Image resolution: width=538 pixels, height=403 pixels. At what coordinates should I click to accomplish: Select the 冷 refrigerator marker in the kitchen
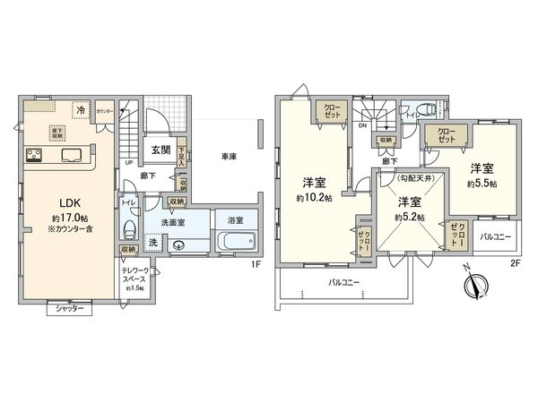82,110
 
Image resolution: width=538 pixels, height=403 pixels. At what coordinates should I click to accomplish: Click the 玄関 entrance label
161,151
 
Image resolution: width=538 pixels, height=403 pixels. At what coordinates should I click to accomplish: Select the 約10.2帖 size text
313,197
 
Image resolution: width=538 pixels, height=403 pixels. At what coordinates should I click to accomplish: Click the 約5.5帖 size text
482,184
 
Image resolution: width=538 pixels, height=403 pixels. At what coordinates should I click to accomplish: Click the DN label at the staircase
361,127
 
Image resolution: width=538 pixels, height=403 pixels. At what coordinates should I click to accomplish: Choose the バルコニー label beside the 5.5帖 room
495,237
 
